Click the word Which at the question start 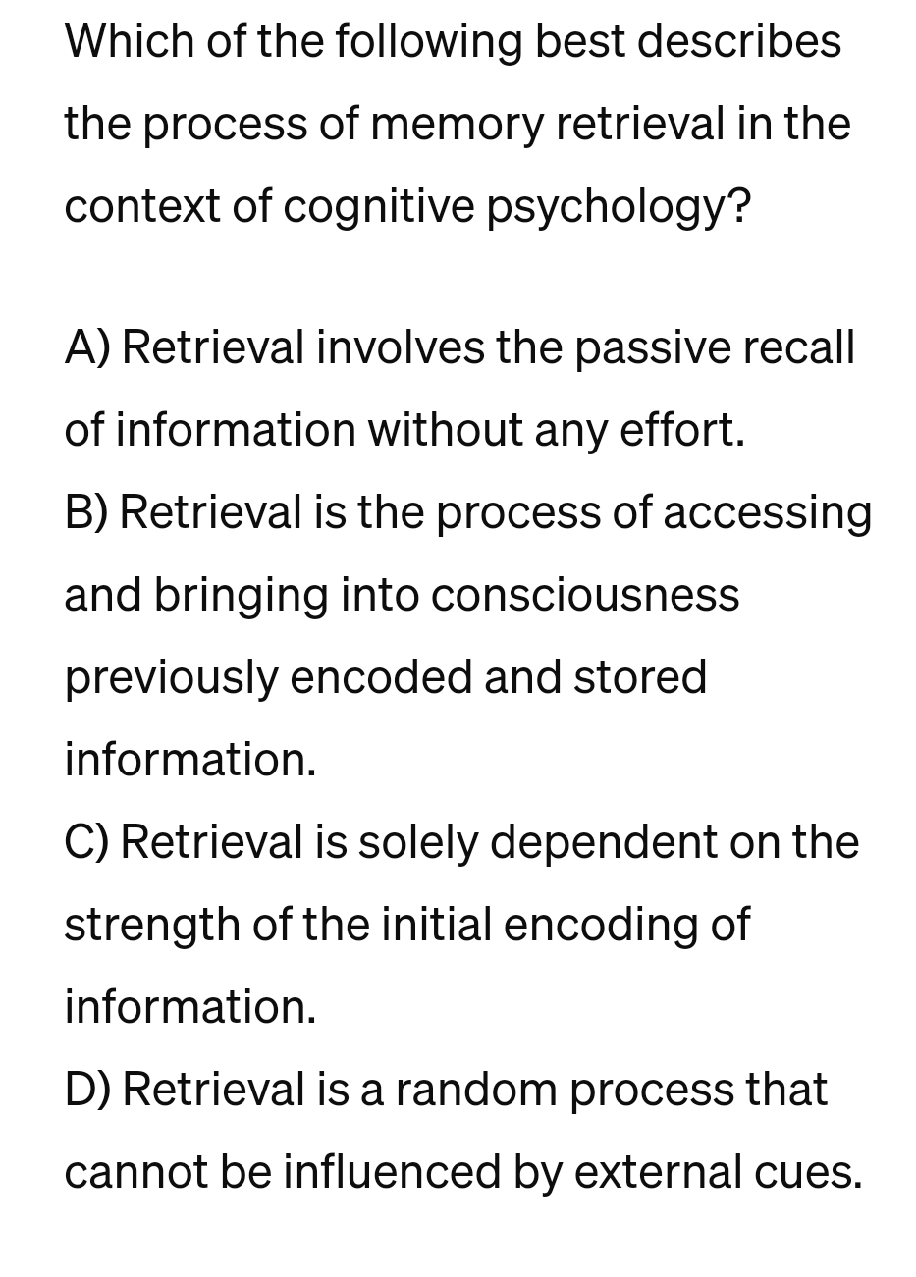pyautogui.click(x=125, y=42)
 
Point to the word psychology pyautogui.click(x=619, y=207)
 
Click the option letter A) pyautogui.click(x=87, y=348)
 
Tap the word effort pyautogui.click(x=682, y=431)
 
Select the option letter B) pyautogui.click(x=87, y=513)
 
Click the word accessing pyautogui.click(x=767, y=513)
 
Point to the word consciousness pyautogui.click(x=585, y=596)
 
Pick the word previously pyautogui.click(x=171, y=678)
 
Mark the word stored pyautogui.click(x=640, y=678)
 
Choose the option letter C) pyautogui.click(x=87, y=843)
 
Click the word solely pyautogui.click(x=416, y=843)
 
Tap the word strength pyautogui.click(x=152, y=926)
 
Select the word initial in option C pyautogui.click(x=435, y=926)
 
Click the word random pyautogui.click(x=476, y=1091)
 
